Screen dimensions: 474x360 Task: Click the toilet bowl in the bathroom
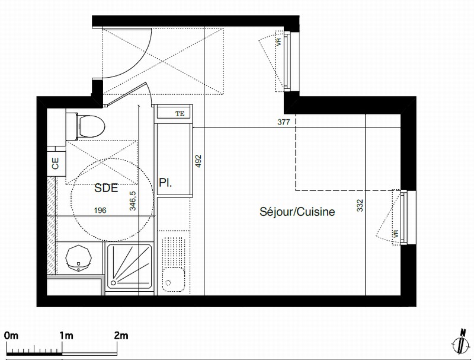pyautogui.click(x=91, y=126)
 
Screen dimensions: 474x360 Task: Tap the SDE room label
pyautogui.click(x=106, y=188)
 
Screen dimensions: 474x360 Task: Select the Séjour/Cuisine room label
pyautogui.click(x=297, y=212)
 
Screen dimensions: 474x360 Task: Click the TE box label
pyautogui.click(x=180, y=114)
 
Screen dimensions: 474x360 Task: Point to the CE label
pyautogui.click(x=55, y=163)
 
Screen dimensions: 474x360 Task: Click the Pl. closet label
pyautogui.click(x=165, y=183)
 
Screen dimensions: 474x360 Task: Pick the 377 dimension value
pyautogui.click(x=284, y=122)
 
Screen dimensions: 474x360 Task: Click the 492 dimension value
pyautogui.click(x=198, y=161)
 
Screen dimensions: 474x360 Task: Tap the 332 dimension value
pyautogui.click(x=360, y=205)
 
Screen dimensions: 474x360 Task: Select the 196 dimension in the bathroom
pyautogui.click(x=100, y=210)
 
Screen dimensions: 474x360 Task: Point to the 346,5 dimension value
pyautogui.click(x=132, y=200)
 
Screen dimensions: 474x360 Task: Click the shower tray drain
pyautogui.click(x=113, y=283)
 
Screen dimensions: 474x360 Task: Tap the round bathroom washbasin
pyautogui.click(x=78, y=258)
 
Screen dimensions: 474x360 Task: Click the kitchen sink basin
pyautogui.click(x=173, y=279)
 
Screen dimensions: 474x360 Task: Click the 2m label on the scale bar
pyautogui.click(x=121, y=336)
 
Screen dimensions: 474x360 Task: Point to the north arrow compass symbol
pyautogui.click(x=460, y=342)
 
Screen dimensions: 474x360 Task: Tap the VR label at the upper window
pyautogui.click(x=278, y=42)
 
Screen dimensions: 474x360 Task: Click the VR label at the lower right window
pyautogui.click(x=396, y=234)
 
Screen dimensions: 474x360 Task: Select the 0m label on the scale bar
pyautogui.click(x=11, y=336)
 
